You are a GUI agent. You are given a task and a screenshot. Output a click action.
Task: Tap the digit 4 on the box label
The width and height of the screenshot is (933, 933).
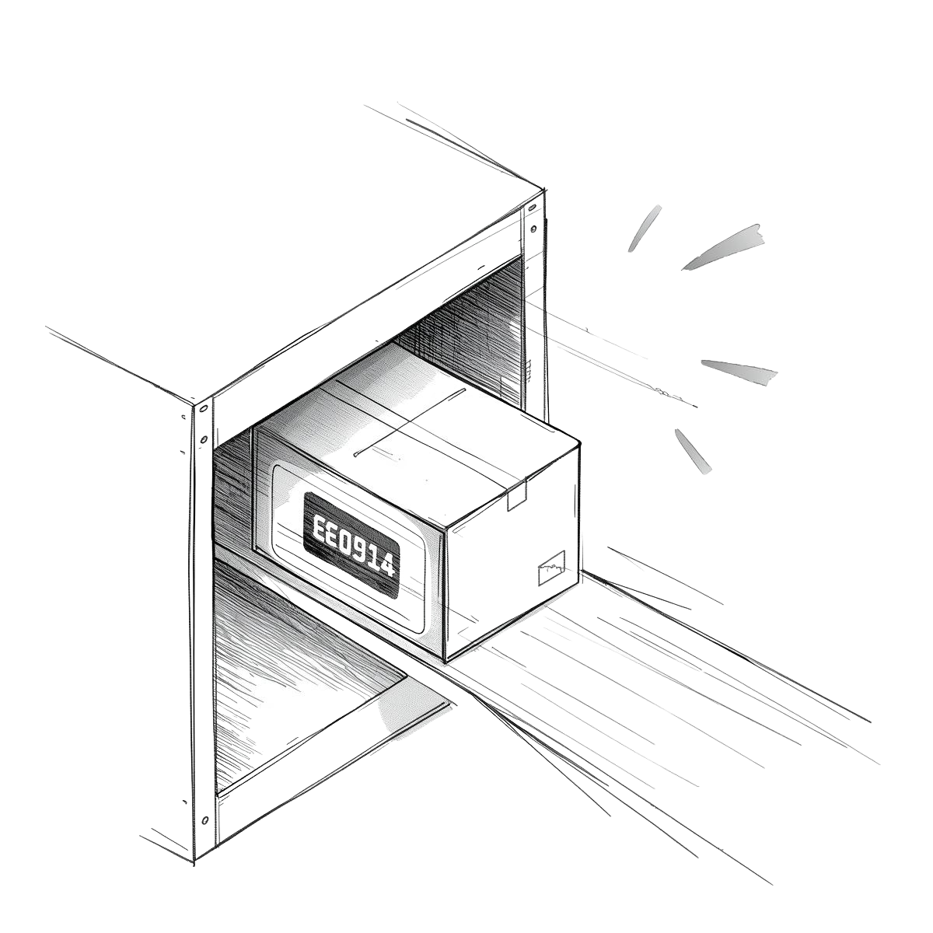click(x=386, y=564)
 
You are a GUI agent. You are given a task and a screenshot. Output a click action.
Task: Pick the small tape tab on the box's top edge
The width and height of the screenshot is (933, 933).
click(x=516, y=498)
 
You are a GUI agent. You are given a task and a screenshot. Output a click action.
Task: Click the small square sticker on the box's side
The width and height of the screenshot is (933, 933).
click(x=551, y=568)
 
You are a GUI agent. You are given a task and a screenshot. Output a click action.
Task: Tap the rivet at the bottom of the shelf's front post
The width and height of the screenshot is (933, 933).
click(x=204, y=821)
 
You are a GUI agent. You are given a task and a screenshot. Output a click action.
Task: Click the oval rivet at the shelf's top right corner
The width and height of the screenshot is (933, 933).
click(x=533, y=208)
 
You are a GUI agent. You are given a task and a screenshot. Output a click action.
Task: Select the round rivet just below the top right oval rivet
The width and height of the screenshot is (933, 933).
click(x=533, y=228)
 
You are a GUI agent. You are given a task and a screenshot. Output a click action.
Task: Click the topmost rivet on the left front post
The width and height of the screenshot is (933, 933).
click(x=204, y=408)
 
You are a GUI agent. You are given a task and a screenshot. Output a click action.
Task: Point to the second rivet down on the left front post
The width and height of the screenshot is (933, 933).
click(x=204, y=439)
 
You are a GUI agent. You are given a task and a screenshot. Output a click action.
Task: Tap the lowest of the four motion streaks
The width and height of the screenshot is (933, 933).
click(x=693, y=451)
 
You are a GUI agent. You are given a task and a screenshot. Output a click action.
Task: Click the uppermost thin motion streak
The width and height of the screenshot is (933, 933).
click(x=645, y=228)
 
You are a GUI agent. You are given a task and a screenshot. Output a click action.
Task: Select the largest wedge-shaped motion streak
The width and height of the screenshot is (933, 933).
click(x=723, y=247)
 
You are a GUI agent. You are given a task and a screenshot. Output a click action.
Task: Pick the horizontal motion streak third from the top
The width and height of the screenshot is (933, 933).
click(x=739, y=372)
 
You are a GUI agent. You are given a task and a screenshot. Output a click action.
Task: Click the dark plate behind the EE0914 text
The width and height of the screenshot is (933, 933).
click(x=352, y=545)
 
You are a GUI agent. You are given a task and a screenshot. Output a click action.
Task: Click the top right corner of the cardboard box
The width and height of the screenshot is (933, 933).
click(x=579, y=442)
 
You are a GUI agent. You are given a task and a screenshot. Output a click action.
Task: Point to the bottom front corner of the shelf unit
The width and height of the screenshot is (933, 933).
click(x=194, y=861)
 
